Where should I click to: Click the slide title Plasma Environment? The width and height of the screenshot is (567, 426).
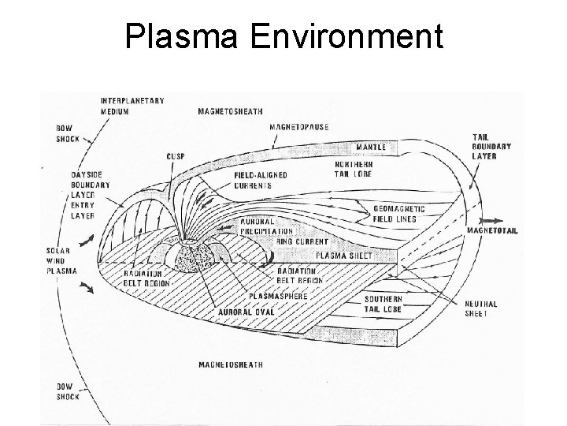coord(283,37)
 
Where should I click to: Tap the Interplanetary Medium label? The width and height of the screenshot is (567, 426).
coord(132,105)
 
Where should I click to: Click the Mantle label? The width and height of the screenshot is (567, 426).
coord(371,148)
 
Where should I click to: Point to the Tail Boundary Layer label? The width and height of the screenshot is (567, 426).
coord(491,146)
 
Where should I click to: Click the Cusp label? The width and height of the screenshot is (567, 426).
coord(175,156)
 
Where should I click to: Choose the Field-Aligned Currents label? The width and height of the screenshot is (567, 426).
coord(253,180)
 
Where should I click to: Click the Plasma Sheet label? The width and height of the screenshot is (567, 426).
coord(344,256)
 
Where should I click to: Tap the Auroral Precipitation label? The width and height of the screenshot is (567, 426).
coord(266,226)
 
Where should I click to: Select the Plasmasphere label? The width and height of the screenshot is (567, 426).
coord(278,296)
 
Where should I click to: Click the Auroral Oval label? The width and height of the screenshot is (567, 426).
coord(246,312)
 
